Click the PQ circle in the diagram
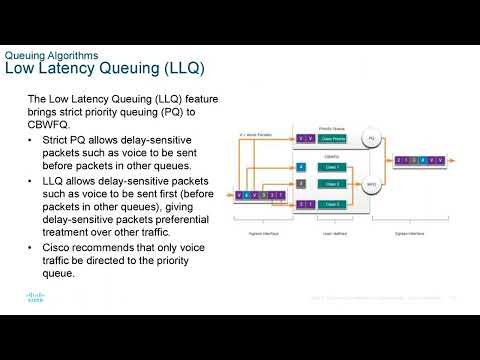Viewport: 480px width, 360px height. click(371, 137)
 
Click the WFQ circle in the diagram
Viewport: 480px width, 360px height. click(371, 185)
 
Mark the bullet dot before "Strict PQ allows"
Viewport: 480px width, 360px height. click(31, 147)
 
